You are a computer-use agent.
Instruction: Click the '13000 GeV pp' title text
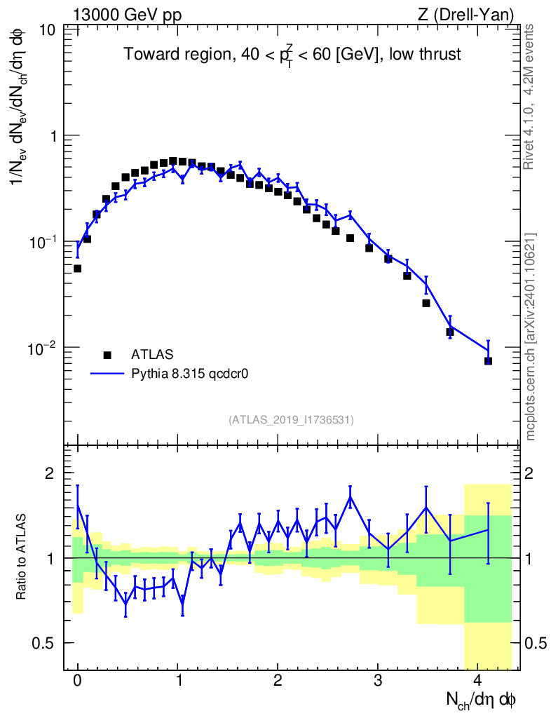(126, 14)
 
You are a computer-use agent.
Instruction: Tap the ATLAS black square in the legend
(107, 354)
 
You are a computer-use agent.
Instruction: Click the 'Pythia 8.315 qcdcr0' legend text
(191, 374)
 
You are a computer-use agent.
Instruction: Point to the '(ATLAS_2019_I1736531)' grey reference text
(290, 419)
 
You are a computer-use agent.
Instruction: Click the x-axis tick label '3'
(378, 681)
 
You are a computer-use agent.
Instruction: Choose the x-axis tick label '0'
(77, 681)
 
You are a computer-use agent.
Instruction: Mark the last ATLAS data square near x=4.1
(488, 360)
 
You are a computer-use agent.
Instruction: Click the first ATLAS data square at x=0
(77, 269)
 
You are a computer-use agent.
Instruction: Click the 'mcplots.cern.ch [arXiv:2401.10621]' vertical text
(531, 337)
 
